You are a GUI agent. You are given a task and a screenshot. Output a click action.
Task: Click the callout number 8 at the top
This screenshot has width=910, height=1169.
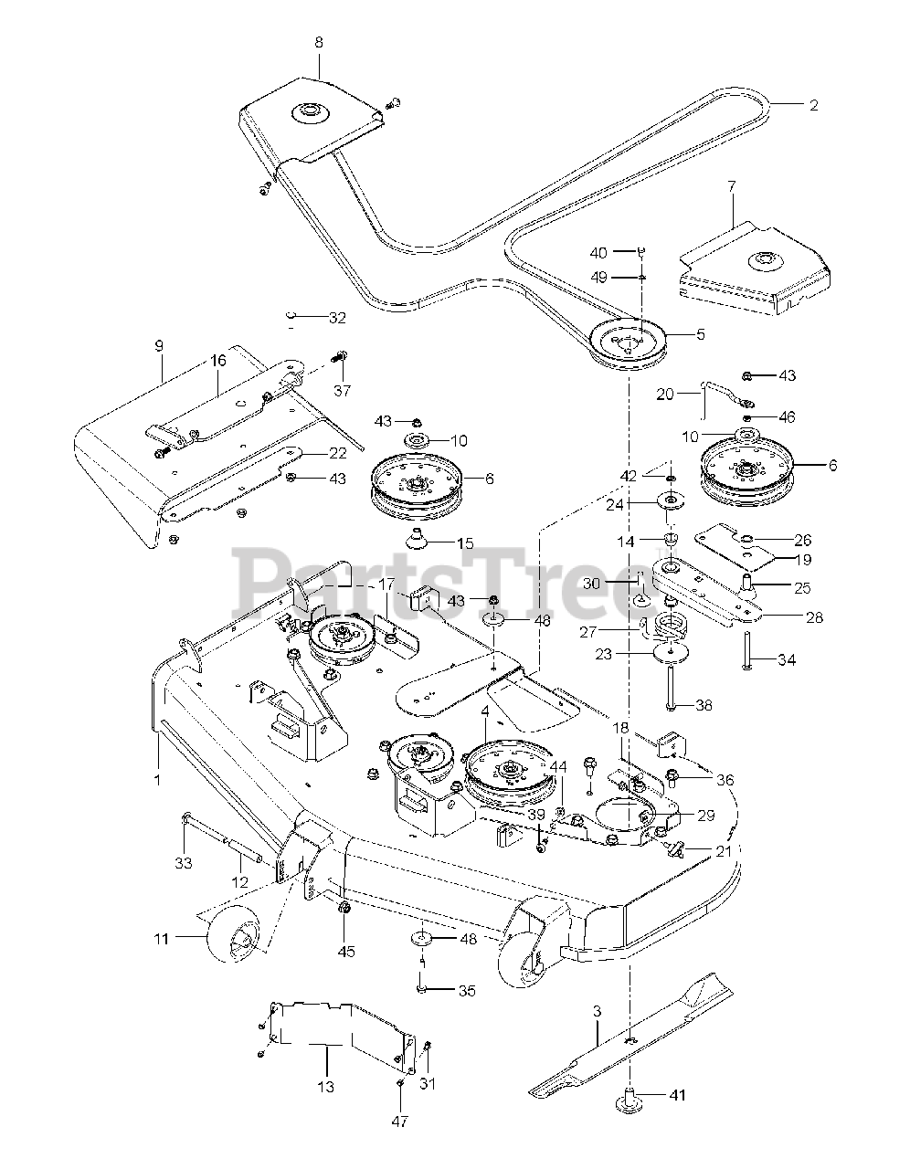pos(318,43)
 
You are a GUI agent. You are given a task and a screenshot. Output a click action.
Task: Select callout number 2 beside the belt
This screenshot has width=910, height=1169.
pos(813,105)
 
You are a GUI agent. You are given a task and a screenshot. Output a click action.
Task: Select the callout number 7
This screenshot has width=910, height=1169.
pos(731,185)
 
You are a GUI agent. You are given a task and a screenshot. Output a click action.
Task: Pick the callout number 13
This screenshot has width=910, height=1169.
pos(326,1086)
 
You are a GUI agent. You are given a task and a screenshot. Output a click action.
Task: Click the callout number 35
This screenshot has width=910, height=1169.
pos(467,990)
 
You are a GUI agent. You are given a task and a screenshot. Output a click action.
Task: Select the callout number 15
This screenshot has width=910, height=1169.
pos(464,543)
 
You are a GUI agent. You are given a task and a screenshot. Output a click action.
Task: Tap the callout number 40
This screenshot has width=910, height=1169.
pos(623,252)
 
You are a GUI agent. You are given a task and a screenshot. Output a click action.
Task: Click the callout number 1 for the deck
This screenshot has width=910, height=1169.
pos(157,780)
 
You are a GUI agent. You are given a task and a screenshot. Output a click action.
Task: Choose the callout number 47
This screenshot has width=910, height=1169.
pos(400,1121)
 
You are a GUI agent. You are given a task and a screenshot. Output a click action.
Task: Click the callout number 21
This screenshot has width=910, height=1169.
pos(723,851)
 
